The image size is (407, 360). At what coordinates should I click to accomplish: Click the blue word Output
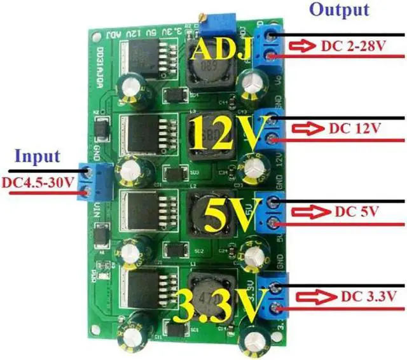pyautogui.click(x=339, y=10)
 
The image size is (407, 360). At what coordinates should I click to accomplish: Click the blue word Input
pyautogui.click(x=38, y=156)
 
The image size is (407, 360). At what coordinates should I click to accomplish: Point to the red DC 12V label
pyautogui.click(x=354, y=128)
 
